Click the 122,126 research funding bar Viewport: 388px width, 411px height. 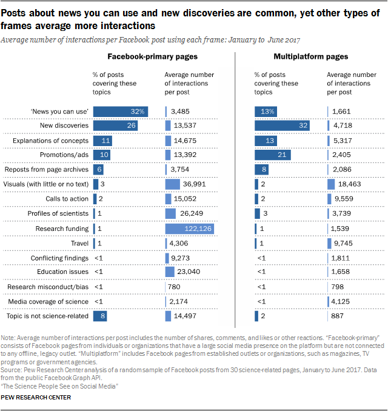[189, 229]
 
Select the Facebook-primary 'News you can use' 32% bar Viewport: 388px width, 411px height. [120, 111]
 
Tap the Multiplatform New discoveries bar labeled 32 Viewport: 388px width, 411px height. [282, 125]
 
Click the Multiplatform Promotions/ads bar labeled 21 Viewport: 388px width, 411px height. [273, 155]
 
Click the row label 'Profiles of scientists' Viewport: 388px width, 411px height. [58, 213]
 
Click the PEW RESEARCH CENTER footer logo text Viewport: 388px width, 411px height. [36, 398]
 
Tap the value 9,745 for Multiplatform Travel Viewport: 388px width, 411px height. [341, 243]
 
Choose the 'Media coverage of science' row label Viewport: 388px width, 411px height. [48, 301]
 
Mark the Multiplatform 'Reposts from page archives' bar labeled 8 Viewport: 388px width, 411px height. [262, 170]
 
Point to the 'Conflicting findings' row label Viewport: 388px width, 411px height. [59, 258]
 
